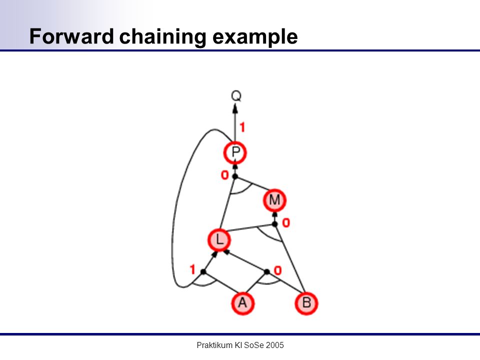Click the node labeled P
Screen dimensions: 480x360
tap(235, 153)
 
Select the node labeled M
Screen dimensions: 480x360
tap(274, 200)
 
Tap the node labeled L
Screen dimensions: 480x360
tap(219, 239)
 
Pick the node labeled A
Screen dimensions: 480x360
tap(242, 303)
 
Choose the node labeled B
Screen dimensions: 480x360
tap(306, 303)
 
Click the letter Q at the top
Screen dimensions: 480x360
tap(236, 96)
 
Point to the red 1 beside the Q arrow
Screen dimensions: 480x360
tap(242, 127)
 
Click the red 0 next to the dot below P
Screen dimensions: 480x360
tap(224, 175)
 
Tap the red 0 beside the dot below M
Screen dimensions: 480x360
tap(285, 222)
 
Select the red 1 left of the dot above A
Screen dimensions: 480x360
tap(192, 269)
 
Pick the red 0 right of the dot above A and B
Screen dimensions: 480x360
tap(277, 270)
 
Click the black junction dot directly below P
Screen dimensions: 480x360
tap(235, 176)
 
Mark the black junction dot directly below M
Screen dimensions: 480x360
tap(274, 224)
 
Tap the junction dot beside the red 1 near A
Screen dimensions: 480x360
tap(203, 271)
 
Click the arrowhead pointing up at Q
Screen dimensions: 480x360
tap(235, 108)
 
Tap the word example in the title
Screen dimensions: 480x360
tap(255, 37)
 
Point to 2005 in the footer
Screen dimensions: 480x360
tap(275, 345)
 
